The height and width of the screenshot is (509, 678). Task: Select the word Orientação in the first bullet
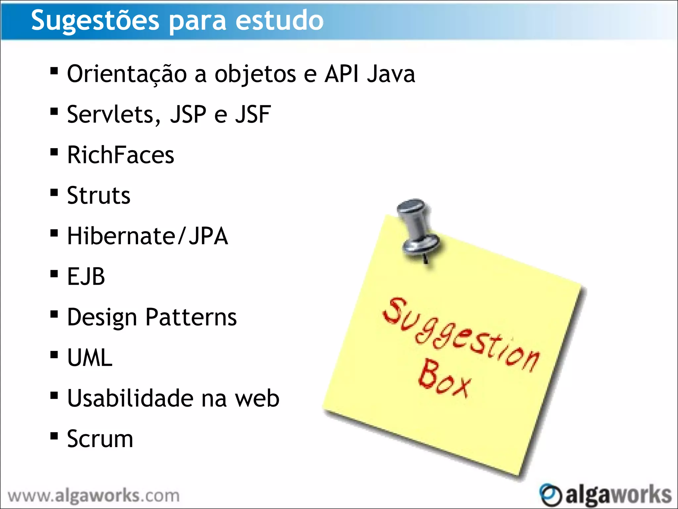[127, 74]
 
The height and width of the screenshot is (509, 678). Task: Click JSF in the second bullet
[253, 114]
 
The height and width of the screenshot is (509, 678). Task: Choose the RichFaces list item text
[121, 155]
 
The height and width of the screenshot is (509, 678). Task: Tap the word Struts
[99, 196]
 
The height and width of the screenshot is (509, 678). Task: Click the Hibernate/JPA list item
[148, 236]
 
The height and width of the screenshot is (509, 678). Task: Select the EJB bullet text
[86, 276]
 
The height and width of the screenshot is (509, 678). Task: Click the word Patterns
[191, 317]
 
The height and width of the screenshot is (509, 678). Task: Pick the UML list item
[90, 358]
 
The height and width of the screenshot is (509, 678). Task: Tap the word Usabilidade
[130, 398]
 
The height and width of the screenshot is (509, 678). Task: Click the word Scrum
[100, 439]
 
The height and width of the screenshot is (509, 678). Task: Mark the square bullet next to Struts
[54, 193]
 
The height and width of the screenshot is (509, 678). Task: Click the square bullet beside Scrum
[54, 435]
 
